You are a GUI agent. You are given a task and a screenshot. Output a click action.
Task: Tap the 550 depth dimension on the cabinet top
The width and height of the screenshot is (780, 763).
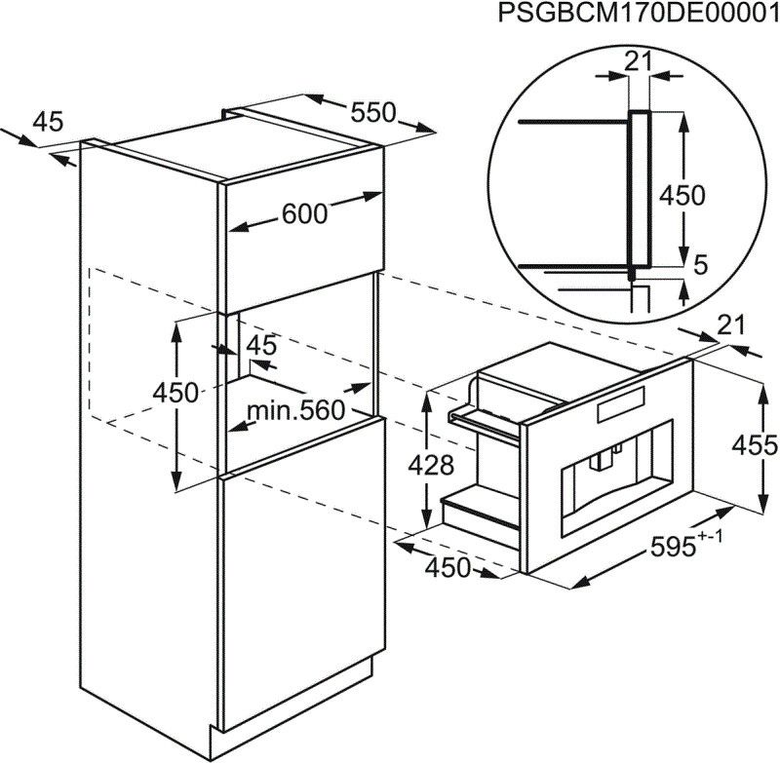point(373,113)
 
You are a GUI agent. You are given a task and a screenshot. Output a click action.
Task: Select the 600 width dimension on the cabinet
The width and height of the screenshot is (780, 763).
point(305,214)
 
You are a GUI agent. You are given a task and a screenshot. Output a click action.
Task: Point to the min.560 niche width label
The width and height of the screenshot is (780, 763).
point(295,411)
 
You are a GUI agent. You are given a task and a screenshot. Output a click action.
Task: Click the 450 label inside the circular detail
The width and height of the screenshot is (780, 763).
point(682,196)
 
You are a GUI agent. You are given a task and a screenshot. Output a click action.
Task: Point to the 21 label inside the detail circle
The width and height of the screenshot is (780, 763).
point(638,62)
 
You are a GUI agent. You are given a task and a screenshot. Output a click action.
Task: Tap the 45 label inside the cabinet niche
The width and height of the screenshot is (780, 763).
point(261,345)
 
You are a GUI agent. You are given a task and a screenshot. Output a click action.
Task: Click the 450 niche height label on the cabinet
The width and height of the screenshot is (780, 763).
point(176,393)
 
